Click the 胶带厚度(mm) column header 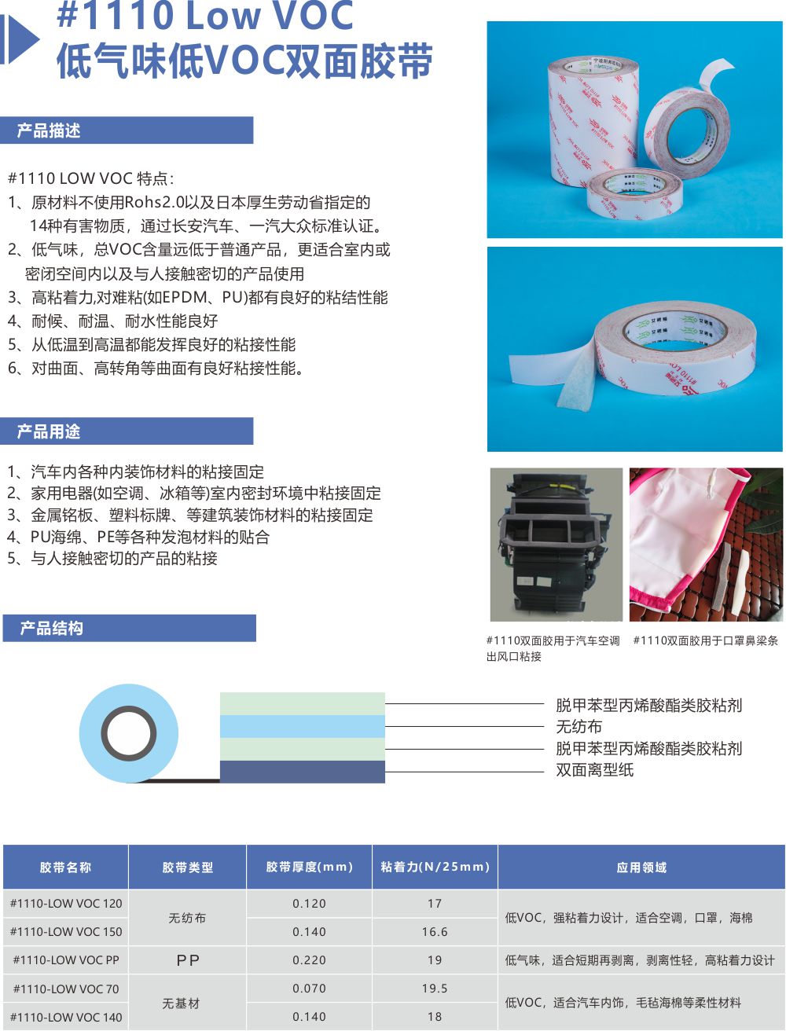(309, 867)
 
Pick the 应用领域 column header (641, 867)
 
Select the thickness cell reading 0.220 (309, 959)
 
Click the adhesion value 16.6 (435, 931)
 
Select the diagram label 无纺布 (578, 726)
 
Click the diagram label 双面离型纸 (595, 769)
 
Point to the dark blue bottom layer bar (302, 772)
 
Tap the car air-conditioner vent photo (556, 545)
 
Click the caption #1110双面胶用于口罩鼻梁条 (706, 640)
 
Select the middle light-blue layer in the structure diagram (302, 726)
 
